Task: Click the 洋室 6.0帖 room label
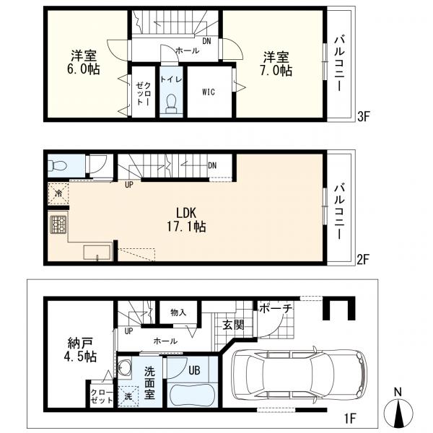pos(84,62)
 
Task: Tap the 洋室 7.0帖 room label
pos(276,64)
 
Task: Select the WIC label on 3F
pos(209,92)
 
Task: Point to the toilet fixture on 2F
pos(57,166)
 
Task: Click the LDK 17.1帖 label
pos(186,220)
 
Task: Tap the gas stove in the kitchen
pos(58,224)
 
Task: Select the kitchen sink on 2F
pos(97,252)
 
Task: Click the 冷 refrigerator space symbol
pos(58,193)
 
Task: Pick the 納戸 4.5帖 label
pos(80,350)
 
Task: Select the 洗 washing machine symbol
pos(128,396)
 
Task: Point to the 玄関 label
pos(233,325)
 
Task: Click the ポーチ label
pos(276,309)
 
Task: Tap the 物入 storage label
pos(178,312)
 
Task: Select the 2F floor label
pos(362,260)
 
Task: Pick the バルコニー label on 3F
pos(339,64)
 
